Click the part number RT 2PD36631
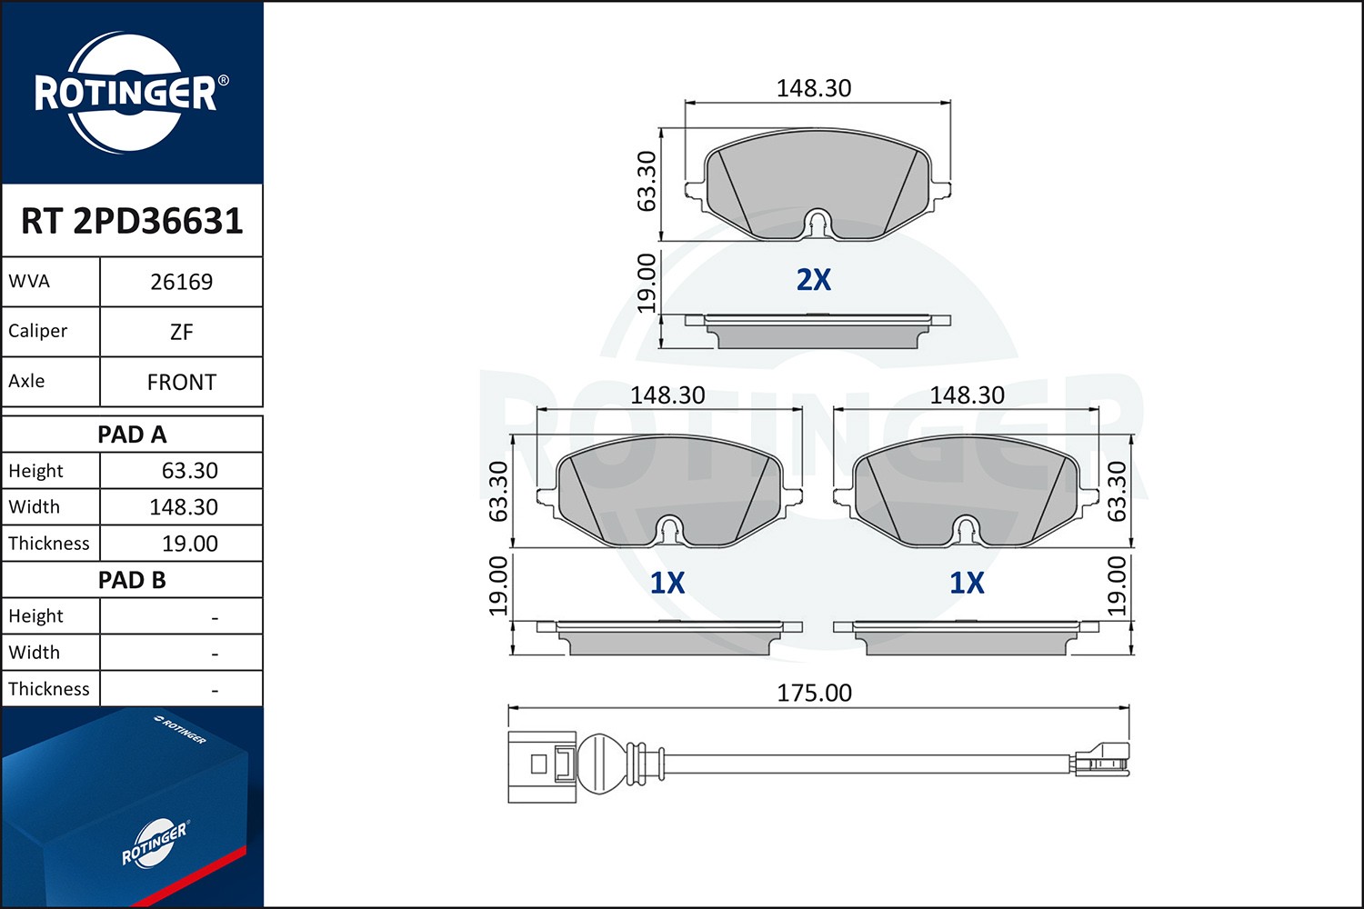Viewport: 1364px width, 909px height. tap(132, 221)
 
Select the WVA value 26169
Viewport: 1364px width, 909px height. tap(182, 282)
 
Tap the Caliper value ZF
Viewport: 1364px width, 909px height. tap(182, 333)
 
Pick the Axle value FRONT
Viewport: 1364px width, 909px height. tap(182, 383)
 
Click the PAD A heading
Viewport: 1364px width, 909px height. tap(132, 435)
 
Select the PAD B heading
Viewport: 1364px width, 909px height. tap(132, 580)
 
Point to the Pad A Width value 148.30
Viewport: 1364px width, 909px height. tap(184, 507)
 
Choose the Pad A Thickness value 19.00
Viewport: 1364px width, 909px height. tap(189, 544)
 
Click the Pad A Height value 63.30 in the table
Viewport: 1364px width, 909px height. tap(189, 471)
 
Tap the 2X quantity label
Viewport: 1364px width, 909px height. tap(814, 280)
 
